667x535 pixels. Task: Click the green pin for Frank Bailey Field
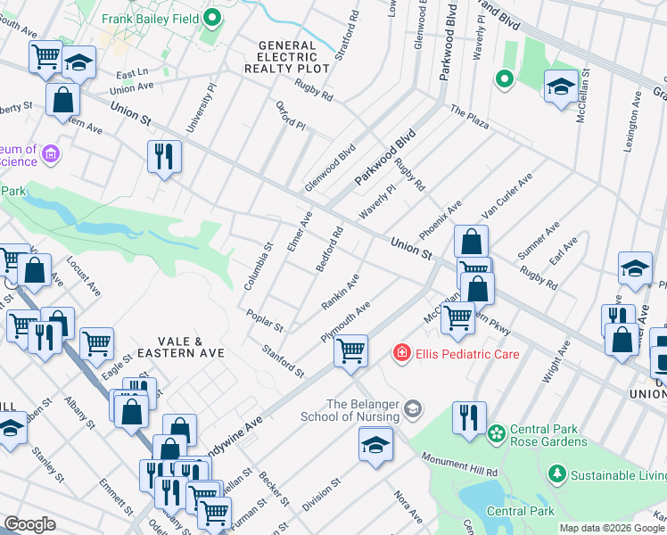click(212, 18)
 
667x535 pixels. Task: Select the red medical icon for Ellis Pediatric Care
click(403, 354)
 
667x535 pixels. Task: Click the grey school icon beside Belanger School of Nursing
click(412, 409)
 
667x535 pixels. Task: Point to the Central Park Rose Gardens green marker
click(494, 434)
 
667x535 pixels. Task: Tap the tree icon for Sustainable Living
click(556, 473)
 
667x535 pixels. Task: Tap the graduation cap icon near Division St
click(375, 443)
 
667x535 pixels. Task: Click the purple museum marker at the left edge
click(51, 154)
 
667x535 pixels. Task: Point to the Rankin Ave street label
click(340, 292)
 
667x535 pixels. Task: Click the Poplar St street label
click(267, 321)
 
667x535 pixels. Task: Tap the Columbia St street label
click(259, 266)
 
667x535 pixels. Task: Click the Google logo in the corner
click(29, 524)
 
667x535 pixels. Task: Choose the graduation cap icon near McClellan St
click(560, 86)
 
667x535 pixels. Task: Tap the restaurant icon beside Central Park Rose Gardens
click(468, 417)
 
